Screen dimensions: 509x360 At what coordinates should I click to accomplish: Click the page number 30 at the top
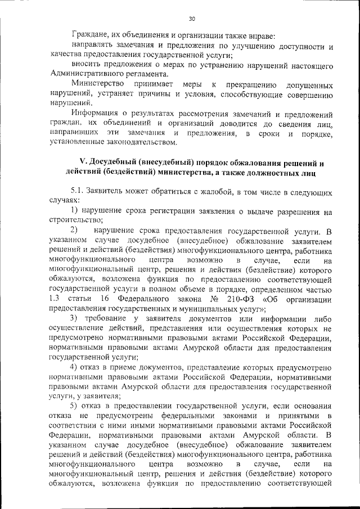(191, 19)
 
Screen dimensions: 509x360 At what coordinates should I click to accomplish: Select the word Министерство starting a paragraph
(96, 84)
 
